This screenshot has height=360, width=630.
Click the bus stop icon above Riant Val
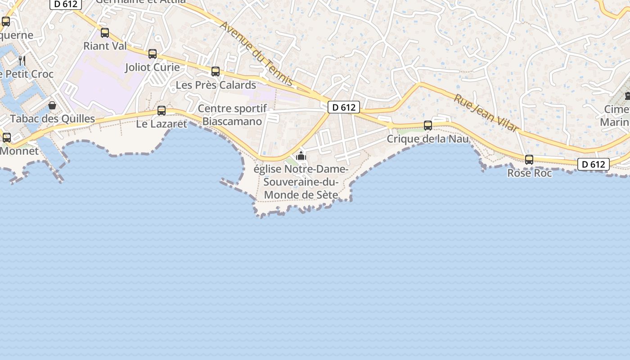pos(105,32)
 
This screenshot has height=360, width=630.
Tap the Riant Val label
pos(105,46)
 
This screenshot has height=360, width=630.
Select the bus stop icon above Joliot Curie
pos(153,54)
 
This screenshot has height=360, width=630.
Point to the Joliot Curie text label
pos(153,67)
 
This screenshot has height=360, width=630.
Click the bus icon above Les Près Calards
pos(216,71)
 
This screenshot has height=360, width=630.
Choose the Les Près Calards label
pos(216,85)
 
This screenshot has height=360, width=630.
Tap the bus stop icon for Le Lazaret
pos(162,110)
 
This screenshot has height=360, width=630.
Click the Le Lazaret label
pos(162,124)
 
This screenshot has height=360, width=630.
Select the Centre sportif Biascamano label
pos(232,115)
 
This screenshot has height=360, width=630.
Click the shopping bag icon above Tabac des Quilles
pos(52,105)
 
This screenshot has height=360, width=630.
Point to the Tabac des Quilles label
pos(53,119)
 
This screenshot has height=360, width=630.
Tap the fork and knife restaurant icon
pos(22,60)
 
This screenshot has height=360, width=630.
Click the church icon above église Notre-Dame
pos(301,156)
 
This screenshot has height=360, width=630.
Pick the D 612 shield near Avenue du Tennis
pos(344,107)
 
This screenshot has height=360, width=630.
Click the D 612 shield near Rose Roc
pos(594,164)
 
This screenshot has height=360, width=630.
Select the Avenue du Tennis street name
pos(256,53)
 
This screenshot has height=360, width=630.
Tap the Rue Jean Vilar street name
pos(486,113)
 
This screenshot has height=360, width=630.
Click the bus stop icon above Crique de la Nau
pos(428,126)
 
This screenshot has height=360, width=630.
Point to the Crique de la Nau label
pos(428,139)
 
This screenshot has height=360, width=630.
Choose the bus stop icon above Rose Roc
pos(529,159)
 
